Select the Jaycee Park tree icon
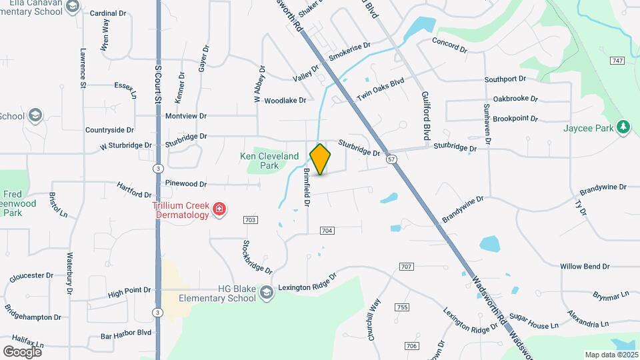[623, 127]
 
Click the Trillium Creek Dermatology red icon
[219, 211]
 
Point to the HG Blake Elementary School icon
[266, 293]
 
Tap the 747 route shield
[616, 61]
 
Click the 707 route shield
[406, 267]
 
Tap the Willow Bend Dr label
[585, 266]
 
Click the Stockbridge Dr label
[258, 257]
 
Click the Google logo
[23, 351]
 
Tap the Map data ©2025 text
[611, 355]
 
